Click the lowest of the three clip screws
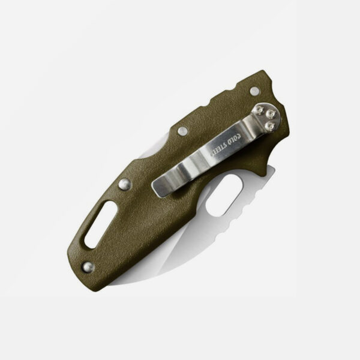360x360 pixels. coord(269,126)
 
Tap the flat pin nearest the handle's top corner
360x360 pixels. coord(254,91)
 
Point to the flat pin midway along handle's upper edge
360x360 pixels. coord(182,131)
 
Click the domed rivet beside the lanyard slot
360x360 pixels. coord(125,184)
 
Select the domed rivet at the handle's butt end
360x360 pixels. coord(88,267)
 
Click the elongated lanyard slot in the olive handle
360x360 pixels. coord(101,224)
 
